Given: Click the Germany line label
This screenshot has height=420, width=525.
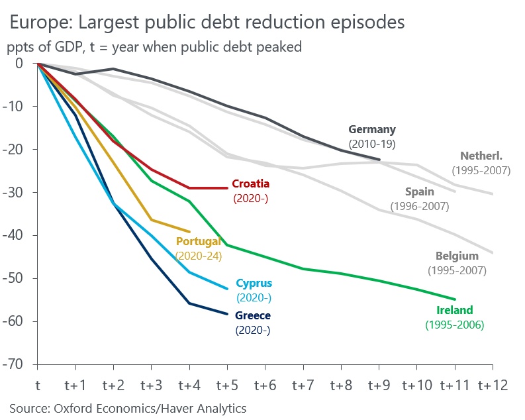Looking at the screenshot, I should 371,130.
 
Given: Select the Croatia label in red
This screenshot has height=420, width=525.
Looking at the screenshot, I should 250,184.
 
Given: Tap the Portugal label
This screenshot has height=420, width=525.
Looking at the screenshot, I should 198,242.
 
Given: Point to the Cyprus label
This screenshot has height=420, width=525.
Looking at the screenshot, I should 254,284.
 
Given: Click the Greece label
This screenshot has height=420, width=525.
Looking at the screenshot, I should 253,316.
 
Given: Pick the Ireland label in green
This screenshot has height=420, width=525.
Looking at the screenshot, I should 454,310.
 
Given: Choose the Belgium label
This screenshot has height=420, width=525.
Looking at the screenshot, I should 457,256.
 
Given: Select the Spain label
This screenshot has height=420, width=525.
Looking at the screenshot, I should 420,192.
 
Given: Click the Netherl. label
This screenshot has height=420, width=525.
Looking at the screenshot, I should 481,156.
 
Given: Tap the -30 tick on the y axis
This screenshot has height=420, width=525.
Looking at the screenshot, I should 19,193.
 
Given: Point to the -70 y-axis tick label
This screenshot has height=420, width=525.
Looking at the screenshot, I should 19,365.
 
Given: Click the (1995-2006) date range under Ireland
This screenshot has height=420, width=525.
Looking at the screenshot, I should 454,325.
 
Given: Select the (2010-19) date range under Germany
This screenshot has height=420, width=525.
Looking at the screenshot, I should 371,143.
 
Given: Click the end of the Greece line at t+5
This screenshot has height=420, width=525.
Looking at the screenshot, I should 227,313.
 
